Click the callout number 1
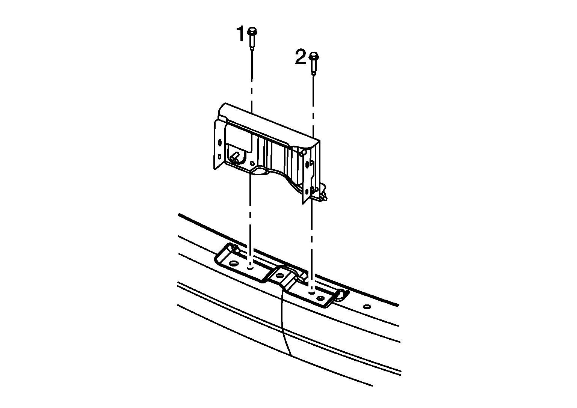240,33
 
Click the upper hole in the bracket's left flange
220,143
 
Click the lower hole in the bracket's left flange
219,156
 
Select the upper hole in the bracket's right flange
307,164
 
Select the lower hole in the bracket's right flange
307,192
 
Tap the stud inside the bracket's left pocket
235,157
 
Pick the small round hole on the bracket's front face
252,163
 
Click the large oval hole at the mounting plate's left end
234,263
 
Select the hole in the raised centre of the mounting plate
279,276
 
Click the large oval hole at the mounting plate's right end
320,298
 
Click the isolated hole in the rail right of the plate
367,307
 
